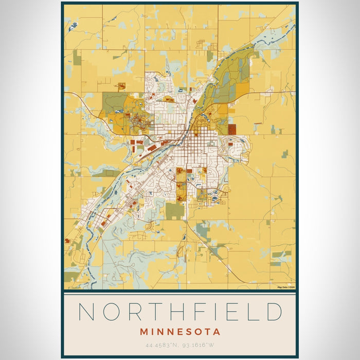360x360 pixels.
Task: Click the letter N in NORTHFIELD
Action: [87, 312]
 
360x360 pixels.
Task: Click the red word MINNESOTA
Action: [179, 332]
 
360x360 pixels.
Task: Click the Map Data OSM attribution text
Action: [285, 287]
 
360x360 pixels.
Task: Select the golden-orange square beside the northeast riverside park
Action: [242, 91]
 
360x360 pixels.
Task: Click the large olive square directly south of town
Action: [174, 210]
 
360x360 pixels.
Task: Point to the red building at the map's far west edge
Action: [67, 240]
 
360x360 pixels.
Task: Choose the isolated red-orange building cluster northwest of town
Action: [121, 85]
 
